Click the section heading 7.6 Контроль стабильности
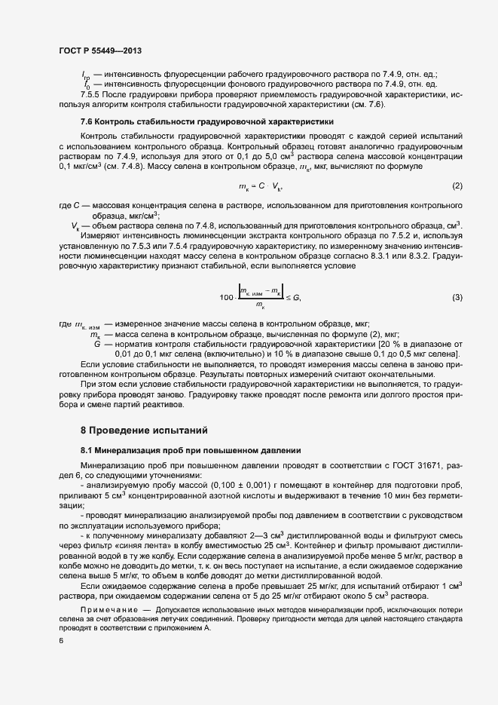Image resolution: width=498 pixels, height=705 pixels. tap(197, 121)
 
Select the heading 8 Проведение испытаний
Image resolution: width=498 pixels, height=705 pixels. tap(144, 431)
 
